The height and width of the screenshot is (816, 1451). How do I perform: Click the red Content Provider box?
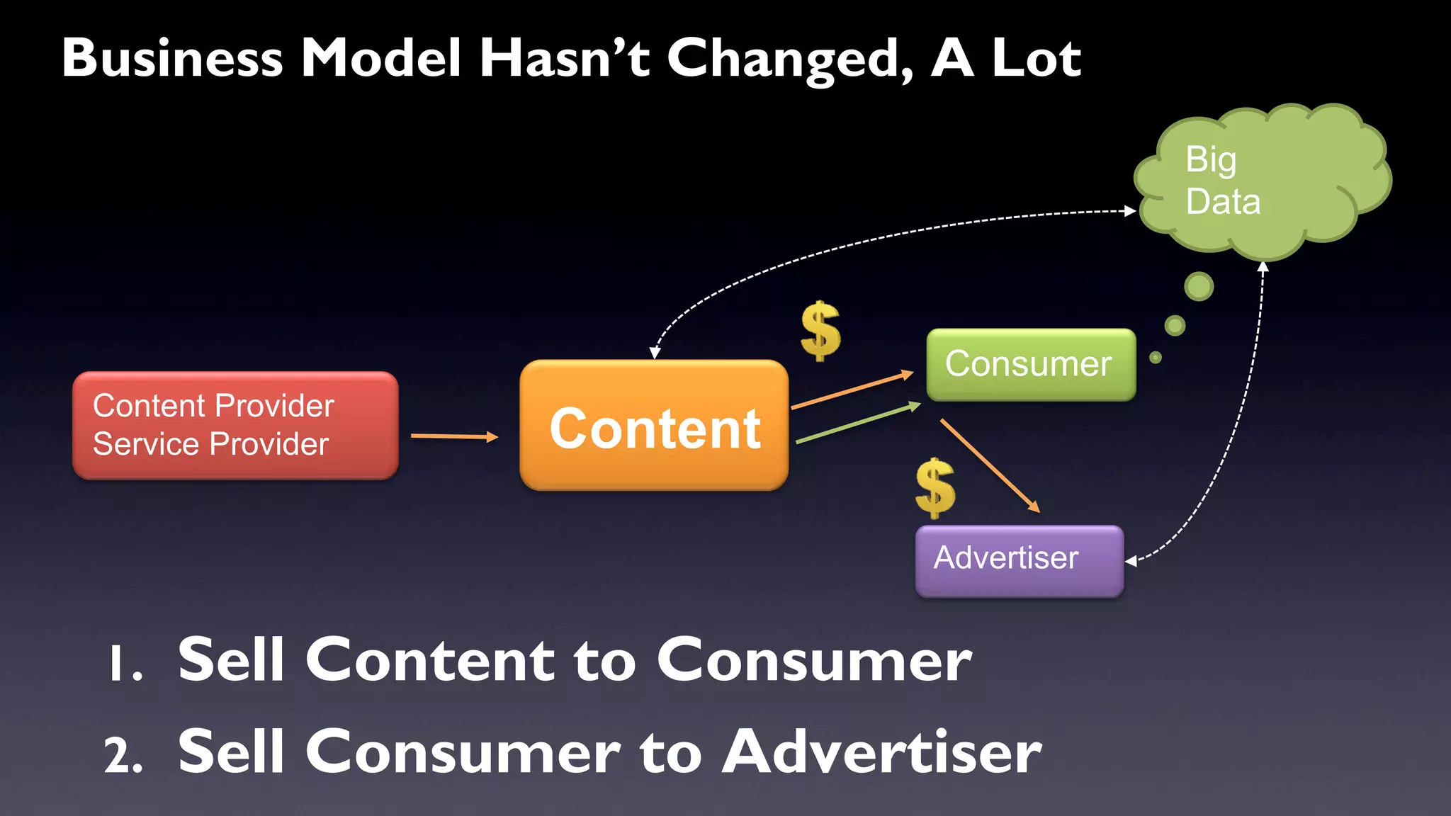pyautogui.click(x=235, y=425)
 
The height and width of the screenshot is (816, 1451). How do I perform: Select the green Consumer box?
pyautogui.click(x=1030, y=365)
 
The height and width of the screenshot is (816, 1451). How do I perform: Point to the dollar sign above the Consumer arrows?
pyautogui.click(x=820, y=331)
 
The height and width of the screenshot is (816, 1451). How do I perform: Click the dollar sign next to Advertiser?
pyautogui.click(x=935, y=488)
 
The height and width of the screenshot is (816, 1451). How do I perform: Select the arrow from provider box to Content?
pyautogui.click(x=454, y=436)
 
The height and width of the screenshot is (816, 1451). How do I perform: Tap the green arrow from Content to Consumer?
pyautogui.click(x=857, y=424)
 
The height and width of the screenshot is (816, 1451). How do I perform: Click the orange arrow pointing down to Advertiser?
pyautogui.click(x=990, y=465)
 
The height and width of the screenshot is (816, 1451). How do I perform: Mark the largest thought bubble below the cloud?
pyautogui.click(x=1199, y=286)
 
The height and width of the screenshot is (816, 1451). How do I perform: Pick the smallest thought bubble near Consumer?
pyautogui.click(x=1156, y=358)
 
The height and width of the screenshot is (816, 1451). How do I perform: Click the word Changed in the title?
pyautogui.click(x=791, y=58)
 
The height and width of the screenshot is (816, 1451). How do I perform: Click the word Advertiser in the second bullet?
pyautogui.click(x=881, y=752)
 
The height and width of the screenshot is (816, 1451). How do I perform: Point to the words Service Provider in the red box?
pyautogui.click(x=210, y=445)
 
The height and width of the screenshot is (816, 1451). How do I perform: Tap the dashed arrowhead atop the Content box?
pyautogui.click(x=655, y=352)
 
